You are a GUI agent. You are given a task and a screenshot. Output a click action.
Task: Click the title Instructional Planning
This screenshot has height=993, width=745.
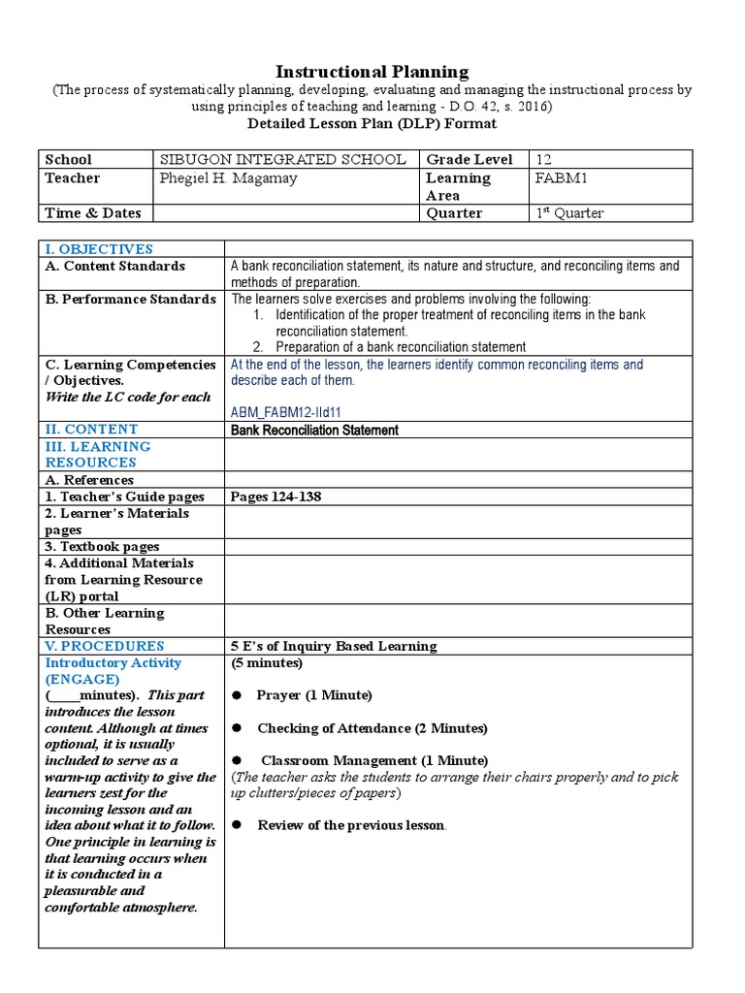(x=372, y=72)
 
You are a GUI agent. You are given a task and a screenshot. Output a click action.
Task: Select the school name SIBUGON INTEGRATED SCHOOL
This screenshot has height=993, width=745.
(x=281, y=159)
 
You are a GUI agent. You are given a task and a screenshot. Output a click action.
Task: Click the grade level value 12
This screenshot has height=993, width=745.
(x=542, y=159)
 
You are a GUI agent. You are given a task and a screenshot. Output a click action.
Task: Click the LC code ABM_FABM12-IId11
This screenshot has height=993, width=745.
(x=284, y=411)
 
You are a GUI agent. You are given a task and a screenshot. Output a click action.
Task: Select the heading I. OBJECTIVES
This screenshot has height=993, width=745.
(x=99, y=249)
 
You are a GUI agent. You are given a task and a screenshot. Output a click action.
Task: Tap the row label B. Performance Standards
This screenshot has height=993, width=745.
(x=130, y=300)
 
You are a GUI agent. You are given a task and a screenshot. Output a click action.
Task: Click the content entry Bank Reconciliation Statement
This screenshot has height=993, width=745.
(x=313, y=430)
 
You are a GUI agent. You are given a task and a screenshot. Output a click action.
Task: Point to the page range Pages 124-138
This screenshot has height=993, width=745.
(x=275, y=497)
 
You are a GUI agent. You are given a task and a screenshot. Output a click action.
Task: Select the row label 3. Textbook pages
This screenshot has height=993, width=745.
(x=102, y=547)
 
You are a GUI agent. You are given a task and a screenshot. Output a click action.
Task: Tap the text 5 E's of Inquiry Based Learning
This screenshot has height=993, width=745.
(x=334, y=646)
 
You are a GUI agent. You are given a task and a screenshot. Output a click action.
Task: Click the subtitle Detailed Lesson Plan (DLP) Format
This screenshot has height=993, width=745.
(x=372, y=123)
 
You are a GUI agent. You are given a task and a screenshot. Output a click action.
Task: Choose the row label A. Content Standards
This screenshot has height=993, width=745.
(x=115, y=267)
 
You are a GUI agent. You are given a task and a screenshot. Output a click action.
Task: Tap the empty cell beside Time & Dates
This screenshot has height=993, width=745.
(x=286, y=213)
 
